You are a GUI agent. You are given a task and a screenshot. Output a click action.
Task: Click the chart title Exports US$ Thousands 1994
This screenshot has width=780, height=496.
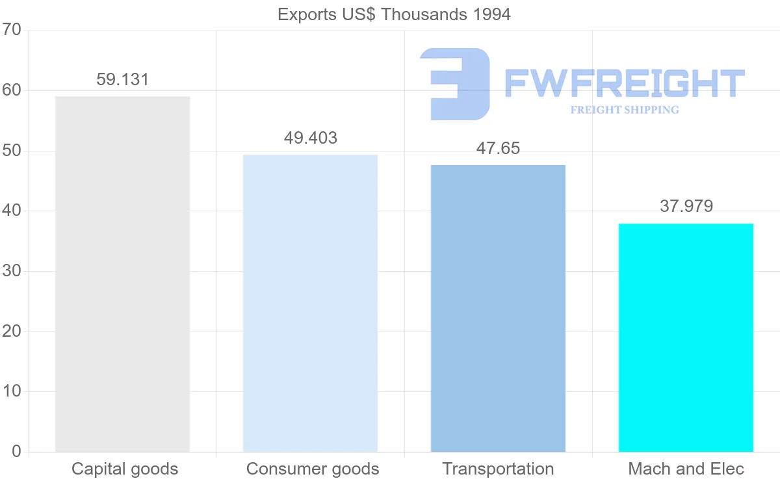pos(394,14)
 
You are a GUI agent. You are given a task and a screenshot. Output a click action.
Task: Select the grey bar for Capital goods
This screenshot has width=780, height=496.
pos(122,274)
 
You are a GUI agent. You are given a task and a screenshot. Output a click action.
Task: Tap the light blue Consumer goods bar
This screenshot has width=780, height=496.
pos(310,303)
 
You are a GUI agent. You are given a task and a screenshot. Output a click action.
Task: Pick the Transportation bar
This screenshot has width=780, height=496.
pos(498,308)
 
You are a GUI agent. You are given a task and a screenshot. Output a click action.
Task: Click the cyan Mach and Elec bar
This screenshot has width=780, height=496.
pos(686,337)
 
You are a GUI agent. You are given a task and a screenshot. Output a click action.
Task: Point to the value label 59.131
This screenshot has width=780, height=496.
pos(122,79)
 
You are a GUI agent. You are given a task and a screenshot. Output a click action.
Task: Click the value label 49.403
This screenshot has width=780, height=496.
pos(310,138)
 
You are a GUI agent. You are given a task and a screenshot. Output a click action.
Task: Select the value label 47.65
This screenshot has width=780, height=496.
pos(498,148)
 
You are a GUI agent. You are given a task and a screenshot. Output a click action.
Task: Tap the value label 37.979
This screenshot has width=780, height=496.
pos(686,206)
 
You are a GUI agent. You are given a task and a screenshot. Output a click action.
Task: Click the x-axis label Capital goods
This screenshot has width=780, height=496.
pos(124,469)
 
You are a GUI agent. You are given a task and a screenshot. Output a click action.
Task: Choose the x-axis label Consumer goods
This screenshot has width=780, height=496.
pos(313,469)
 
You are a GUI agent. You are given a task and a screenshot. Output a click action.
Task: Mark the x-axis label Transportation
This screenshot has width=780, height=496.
pos(498,469)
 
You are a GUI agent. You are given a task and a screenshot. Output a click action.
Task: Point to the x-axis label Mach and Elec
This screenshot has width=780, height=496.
pos(686,469)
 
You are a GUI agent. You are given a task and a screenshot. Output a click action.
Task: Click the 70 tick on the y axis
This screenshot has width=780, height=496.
pos(12,31)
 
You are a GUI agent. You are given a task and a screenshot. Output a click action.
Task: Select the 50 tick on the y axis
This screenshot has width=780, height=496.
pos(12,151)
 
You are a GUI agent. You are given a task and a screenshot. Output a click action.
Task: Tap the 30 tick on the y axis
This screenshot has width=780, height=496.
pos(12,271)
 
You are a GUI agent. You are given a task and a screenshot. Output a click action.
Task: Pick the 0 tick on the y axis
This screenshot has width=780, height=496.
pos(16,452)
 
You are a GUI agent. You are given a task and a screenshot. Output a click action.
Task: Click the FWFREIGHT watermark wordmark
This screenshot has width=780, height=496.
pos(624,83)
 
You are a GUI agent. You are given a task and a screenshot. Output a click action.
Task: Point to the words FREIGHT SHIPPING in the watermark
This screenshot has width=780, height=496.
pos(624,110)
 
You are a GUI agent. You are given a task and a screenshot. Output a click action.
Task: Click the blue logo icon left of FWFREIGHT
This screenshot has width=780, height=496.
pos(455,84)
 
